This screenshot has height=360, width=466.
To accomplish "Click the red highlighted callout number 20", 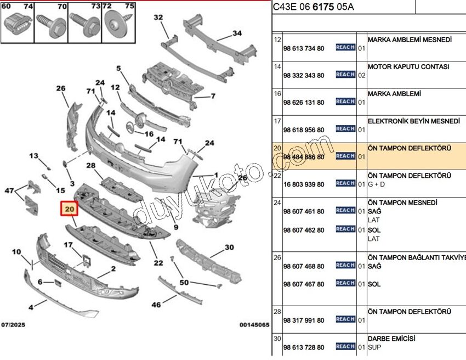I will [70, 209].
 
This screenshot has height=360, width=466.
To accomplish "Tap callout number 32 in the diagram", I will [158, 18].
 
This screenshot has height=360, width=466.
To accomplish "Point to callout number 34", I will [237, 33].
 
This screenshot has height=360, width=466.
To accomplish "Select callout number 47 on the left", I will [9, 190].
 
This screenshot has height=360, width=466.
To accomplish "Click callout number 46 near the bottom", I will [156, 305].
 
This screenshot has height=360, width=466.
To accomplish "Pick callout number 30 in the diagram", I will [229, 248].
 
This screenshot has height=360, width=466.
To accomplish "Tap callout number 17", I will [69, 245].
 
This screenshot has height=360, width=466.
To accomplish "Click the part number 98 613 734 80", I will [304, 48].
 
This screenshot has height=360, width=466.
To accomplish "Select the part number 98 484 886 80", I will [304, 157].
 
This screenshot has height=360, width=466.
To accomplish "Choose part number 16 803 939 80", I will [304, 184].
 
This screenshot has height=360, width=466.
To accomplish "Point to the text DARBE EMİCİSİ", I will [391, 339].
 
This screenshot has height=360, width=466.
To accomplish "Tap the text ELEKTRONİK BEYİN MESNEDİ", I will [413, 121].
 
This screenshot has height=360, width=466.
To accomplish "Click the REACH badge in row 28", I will [345, 319].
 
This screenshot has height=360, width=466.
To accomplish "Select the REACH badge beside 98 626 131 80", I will [345, 102].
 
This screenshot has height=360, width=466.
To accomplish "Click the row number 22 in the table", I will [277, 176].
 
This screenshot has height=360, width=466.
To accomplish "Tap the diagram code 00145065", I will [254, 325].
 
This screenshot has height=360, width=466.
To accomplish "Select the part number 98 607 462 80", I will [304, 230].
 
